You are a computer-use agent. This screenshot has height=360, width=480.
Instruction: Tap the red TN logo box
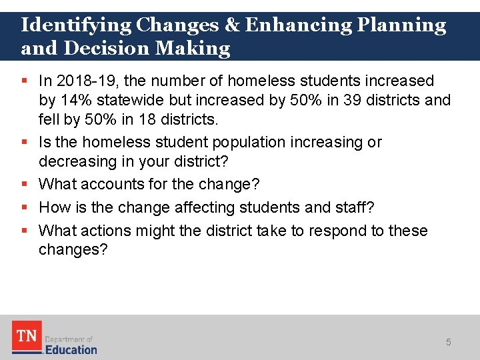(26, 337)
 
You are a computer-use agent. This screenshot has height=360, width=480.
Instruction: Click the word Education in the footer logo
(71, 349)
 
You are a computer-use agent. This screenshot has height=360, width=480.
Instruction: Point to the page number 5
(448, 342)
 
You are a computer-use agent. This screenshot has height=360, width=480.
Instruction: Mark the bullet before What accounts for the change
(25, 183)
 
